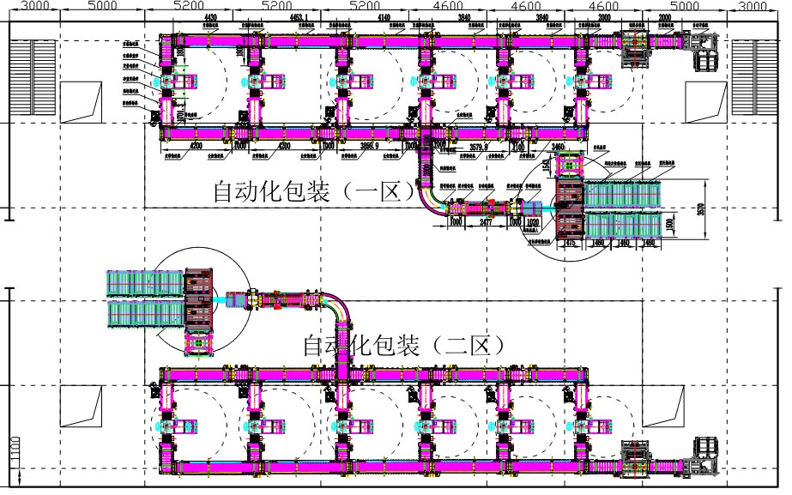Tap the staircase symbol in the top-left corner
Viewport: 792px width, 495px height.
[32, 78]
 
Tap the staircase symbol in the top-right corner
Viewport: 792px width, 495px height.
[754, 78]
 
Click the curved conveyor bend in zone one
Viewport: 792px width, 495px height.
[430, 193]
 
